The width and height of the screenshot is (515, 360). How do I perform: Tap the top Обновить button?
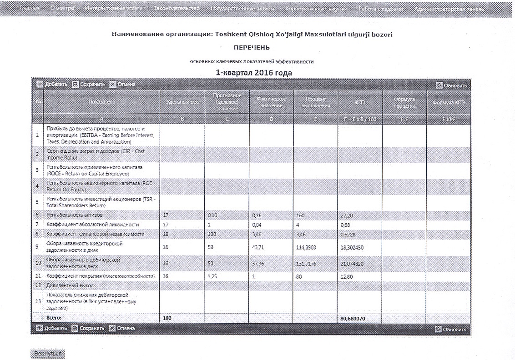tap(451, 85)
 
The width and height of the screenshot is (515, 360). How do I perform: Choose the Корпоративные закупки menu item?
tap(317, 9)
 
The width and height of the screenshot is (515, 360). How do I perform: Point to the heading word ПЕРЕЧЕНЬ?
tap(252, 47)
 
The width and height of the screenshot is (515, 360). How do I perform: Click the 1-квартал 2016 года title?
tap(253, 73)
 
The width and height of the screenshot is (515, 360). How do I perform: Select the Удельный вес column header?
tap(182, 102)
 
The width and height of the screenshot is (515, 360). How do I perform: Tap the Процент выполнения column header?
tap(315, 102)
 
